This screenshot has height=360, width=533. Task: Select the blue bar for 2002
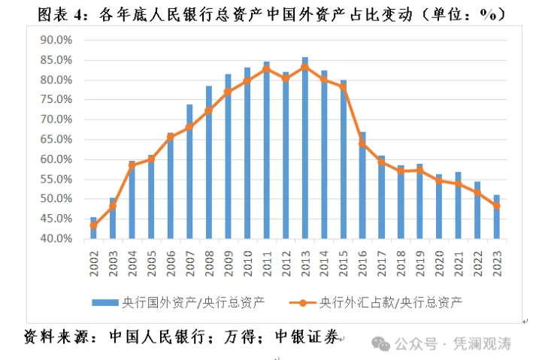93,228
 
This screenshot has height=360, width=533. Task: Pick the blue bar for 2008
208,162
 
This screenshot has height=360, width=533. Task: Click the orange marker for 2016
362,144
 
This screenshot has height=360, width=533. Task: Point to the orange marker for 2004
132,166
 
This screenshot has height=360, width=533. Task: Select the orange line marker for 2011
266,69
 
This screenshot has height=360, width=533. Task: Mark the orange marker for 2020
439,180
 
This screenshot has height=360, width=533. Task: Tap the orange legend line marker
301,303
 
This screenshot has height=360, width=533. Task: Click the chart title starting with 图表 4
265,14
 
